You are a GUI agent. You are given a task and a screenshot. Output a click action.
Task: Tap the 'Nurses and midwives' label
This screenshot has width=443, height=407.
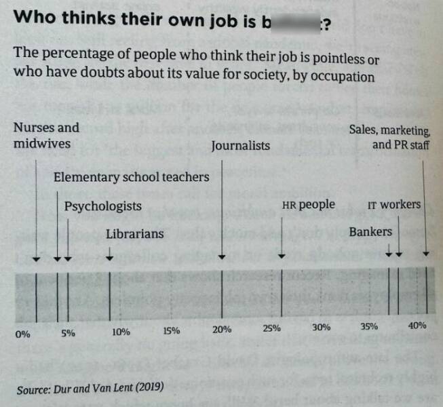pos(46,135)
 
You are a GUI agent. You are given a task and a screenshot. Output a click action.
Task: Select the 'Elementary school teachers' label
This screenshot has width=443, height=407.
pos(131,177)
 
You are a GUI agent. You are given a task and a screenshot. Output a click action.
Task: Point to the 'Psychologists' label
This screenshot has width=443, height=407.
pos(103,206)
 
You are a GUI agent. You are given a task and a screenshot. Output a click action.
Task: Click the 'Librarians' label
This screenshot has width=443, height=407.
pos(135,234)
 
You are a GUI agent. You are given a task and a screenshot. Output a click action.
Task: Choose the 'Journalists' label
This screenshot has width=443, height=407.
pos(240,145)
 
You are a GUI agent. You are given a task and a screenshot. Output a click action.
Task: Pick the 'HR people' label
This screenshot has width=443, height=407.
pos(308,204)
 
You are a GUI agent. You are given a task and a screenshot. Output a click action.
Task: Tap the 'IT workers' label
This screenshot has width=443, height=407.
pos(393,204)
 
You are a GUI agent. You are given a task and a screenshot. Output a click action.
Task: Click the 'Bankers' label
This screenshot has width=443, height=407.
pos(370,232)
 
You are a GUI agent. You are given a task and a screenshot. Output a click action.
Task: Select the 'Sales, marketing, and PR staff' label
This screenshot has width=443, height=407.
pos(390,137)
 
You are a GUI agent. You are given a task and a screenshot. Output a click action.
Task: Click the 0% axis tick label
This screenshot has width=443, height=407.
pos(22,334)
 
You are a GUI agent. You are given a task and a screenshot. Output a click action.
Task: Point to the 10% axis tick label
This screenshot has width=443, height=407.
pos(121,332)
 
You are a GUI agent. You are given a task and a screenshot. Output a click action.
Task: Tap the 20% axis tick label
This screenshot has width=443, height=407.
pos(222,329)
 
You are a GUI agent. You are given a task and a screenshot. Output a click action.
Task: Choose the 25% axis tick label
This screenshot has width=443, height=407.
pos(271,328)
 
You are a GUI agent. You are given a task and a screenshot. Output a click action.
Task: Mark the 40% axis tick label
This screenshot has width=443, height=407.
pos(417,325)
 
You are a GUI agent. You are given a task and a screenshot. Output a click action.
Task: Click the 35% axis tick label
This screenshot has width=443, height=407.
pos(369,326)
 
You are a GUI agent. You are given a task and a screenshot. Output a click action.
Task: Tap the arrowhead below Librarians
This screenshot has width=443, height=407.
pos(110,258)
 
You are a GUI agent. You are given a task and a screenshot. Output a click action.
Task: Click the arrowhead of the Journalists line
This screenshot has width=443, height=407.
pos(223,257)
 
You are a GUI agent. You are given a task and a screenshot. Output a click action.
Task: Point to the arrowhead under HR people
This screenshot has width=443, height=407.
pos(282,256)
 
